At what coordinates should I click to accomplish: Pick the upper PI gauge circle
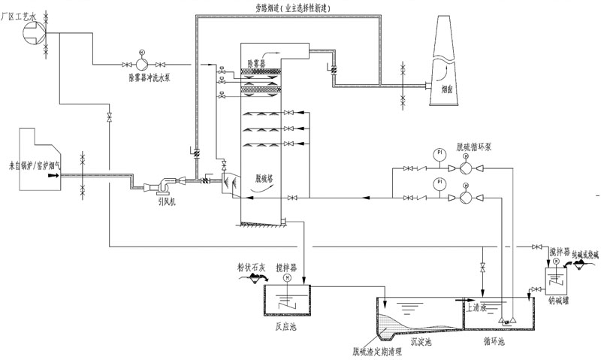coord(437,154)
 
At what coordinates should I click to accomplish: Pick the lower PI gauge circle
coord(437,183)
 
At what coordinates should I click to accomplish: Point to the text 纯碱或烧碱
coord(575,256)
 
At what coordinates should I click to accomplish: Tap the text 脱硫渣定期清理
coord(373,349)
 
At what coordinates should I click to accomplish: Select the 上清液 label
coord(479,307)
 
